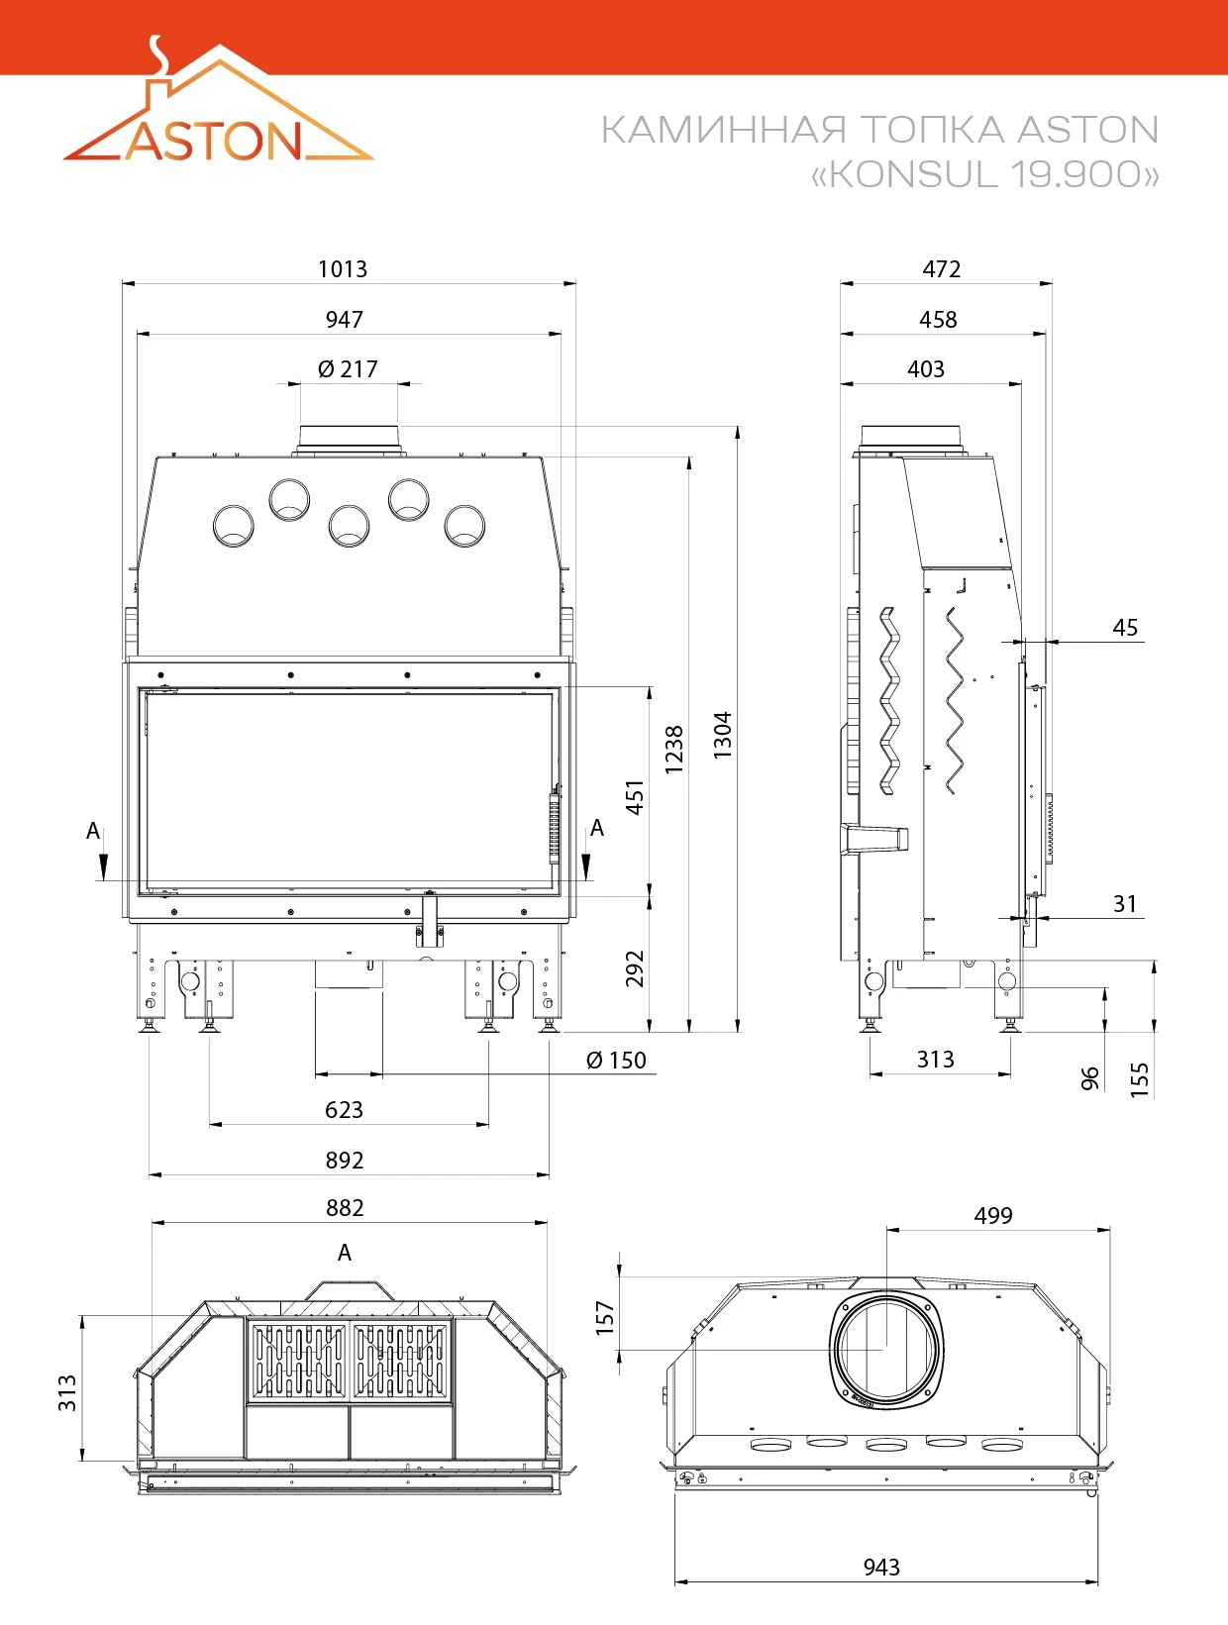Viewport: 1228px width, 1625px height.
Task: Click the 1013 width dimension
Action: tap(342, 268)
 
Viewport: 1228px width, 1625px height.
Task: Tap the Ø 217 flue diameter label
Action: tap(348, 368)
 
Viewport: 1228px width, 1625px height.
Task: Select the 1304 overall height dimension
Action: tap(722, 735)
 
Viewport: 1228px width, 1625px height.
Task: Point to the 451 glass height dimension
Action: tap(635, 796)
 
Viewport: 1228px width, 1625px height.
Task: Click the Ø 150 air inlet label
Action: tap(616, 1061)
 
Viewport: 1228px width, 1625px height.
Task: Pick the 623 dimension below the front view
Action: tap(344, 1110)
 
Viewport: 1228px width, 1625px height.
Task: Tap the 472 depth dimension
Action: tap(942, 268)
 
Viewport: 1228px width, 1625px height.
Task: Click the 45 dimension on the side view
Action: tap(1124, 627)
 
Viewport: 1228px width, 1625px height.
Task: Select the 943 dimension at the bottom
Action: tap(881, 1567)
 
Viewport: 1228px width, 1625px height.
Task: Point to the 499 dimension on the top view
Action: tap(992, 1215)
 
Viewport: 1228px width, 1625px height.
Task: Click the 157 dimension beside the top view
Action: tap(605, 1318)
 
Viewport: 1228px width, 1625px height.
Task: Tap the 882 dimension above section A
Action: tap(345, 1207)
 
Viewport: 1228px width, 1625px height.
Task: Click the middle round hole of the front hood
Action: tap(349, 526)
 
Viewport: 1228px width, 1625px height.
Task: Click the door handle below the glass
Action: tap(430, 920)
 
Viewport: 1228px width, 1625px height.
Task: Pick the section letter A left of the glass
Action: tap(92, 831)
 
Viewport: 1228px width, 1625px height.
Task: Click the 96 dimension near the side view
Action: tap(1089, 1078)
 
